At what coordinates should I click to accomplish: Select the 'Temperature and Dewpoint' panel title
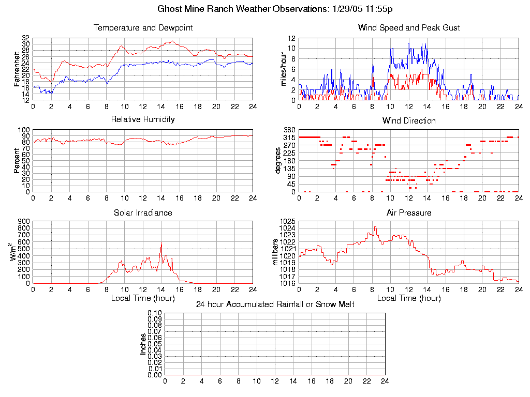pos(143,28)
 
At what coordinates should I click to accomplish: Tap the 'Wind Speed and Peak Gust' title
pos(409,28)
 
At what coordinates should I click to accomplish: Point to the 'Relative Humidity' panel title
pos(143,119)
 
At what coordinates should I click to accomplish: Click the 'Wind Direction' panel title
pos(409,121)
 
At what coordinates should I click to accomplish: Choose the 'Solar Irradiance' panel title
pos(143,212)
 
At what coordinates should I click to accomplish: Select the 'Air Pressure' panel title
pos(409,212)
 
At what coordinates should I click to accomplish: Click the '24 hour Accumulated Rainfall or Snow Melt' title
pos(275,304)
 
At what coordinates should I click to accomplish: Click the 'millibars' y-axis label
pos(276,252)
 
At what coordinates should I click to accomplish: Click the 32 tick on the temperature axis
pos(25,38)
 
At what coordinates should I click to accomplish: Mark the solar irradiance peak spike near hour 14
pos(161,245)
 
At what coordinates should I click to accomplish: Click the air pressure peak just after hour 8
pos(375,226)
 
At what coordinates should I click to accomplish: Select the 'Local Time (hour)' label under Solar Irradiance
pos(143,298)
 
